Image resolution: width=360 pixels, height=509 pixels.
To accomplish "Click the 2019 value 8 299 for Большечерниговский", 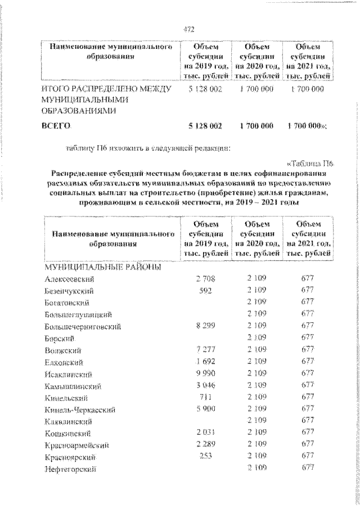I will (206, 326).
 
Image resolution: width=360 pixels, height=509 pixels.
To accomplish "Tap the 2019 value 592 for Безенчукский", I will (206, 290).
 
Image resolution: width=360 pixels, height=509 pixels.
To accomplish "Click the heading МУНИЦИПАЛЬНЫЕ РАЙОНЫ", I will (95, 267).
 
